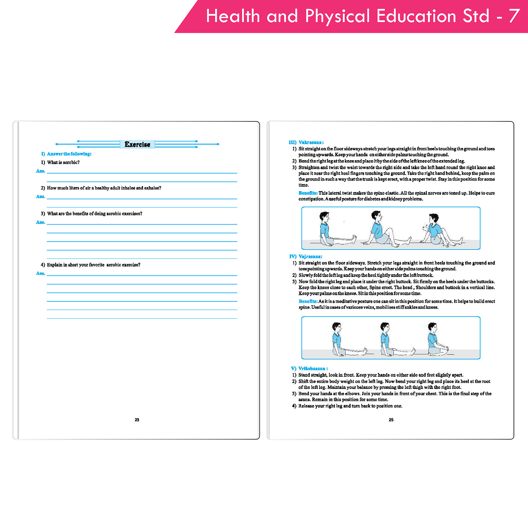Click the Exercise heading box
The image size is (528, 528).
pyautogui.click(x=137, y=144)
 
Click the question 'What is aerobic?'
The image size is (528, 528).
pyautogui.click(x=63, y=162)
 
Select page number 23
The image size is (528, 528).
pyautogui.click(x=137, y=420)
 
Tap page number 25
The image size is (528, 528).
pyautogui.click(x=391, y=420)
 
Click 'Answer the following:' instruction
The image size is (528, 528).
pyautogui.click(x=69, y=154)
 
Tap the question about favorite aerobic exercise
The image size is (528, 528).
pyautogui.click(x=93, y=265)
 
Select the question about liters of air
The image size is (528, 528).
pyautogui.click(x=104, y=188)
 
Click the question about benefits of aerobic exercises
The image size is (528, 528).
pyautogui.click(x=94, y=214)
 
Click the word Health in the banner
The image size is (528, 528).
pyautogui.click(x=233, y=16)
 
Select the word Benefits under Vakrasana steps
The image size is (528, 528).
pyautogui.click(x=308, y=193)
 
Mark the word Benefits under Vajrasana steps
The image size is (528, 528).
pyautogui.click(x=308, y=301)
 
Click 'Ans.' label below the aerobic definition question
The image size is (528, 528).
pyautogui.click(x=40, y=171)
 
